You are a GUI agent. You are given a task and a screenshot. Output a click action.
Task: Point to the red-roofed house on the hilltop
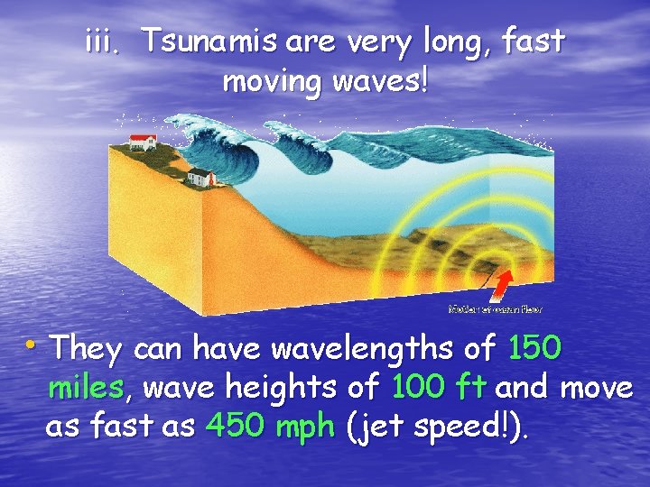pyautogui.click(x=144, y=140)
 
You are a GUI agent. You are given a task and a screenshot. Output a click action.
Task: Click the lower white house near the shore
pyautogui.click(x=201, y=177)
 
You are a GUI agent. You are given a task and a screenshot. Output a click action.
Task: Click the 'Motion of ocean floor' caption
pyautogui.click(x=496, y=308)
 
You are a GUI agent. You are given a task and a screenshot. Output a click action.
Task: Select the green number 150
pyautogui.click(x=536, y=348)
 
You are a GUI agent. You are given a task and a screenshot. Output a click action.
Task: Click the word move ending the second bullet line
pyautogui.click(x=597, y=388)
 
